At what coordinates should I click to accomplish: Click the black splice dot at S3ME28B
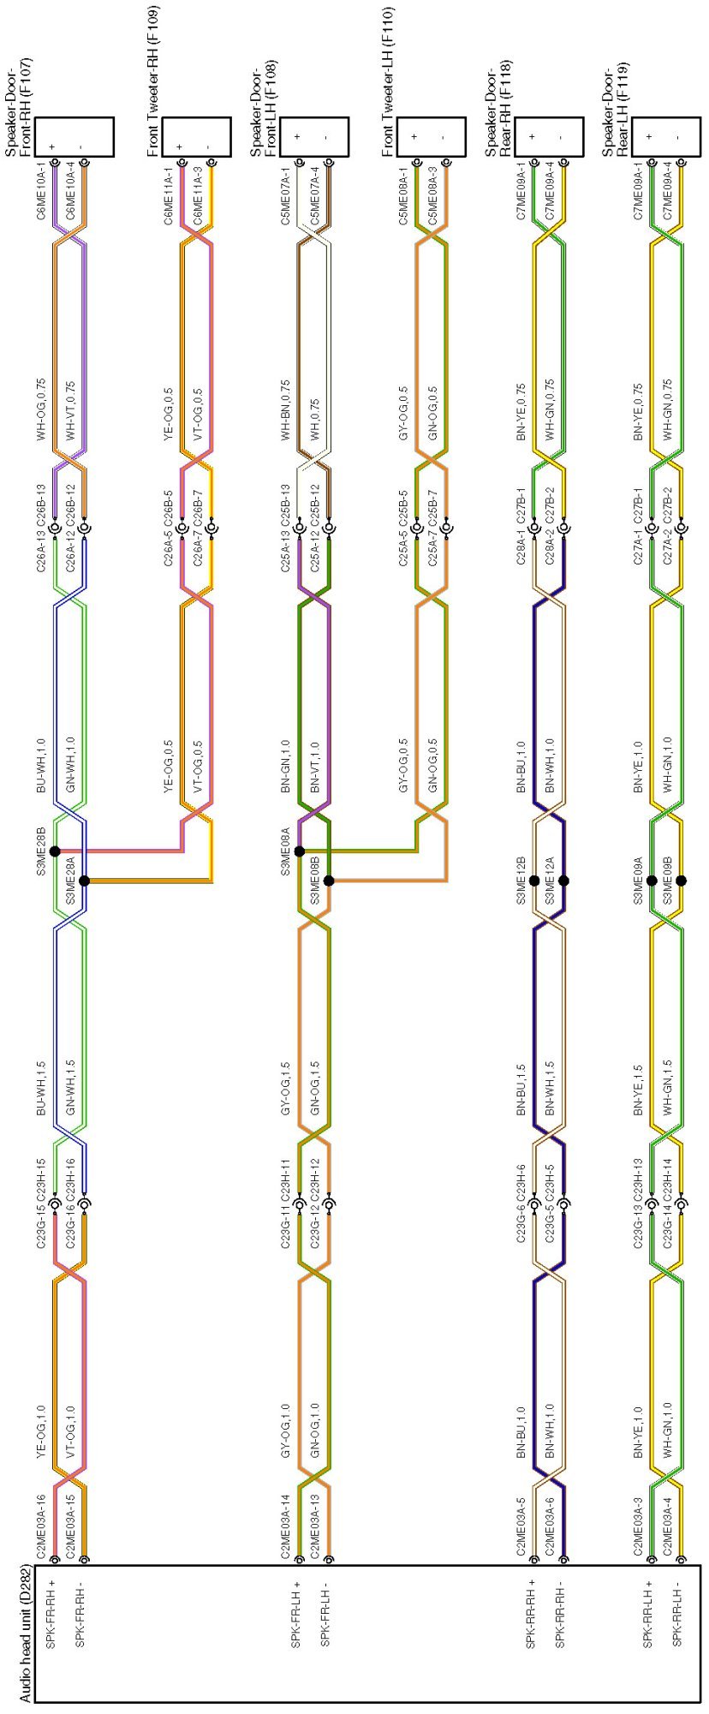[x=55, y=851]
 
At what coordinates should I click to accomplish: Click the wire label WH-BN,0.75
[x=285, y=412]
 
